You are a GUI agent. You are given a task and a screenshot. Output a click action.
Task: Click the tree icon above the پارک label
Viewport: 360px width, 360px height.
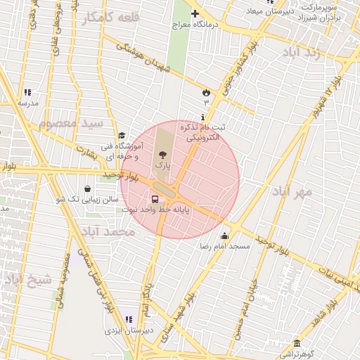pyautogui.click(x=163, y=154)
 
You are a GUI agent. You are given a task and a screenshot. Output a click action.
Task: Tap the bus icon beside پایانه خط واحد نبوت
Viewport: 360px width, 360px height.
pyautogui.click(x=155, y=200)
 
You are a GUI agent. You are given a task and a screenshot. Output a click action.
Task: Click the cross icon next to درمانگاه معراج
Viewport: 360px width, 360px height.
pyautogui.click(x=195, y=13)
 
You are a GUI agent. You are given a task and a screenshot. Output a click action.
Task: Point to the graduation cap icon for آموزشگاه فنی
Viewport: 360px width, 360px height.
pyautogui.click(x=122, y=136)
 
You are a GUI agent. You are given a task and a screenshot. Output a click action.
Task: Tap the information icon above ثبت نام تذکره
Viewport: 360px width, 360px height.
pyautogui.click(x=204, y=117)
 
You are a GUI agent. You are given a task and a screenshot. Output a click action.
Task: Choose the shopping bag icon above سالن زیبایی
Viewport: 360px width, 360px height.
pyautogui.click(x=86, y=189)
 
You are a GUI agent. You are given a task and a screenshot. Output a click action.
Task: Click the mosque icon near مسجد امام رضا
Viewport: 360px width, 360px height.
pyautogui.click(x=224, y=236)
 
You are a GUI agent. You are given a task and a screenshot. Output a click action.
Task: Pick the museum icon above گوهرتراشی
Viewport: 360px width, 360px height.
pyautogui.click(x=297, y=343)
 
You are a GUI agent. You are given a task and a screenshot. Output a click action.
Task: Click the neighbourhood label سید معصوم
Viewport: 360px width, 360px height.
pyautogui.click(x=71, y=123)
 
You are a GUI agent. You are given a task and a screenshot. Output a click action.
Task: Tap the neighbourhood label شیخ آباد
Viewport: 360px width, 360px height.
pyautogui.click(x=29, y=280)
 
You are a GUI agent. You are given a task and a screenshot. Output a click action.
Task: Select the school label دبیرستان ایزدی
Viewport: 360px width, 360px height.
pyautogui.click(x=123, y=329)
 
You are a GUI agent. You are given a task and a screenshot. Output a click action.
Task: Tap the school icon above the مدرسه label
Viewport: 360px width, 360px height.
pyautogui.click(x=27, y=92)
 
